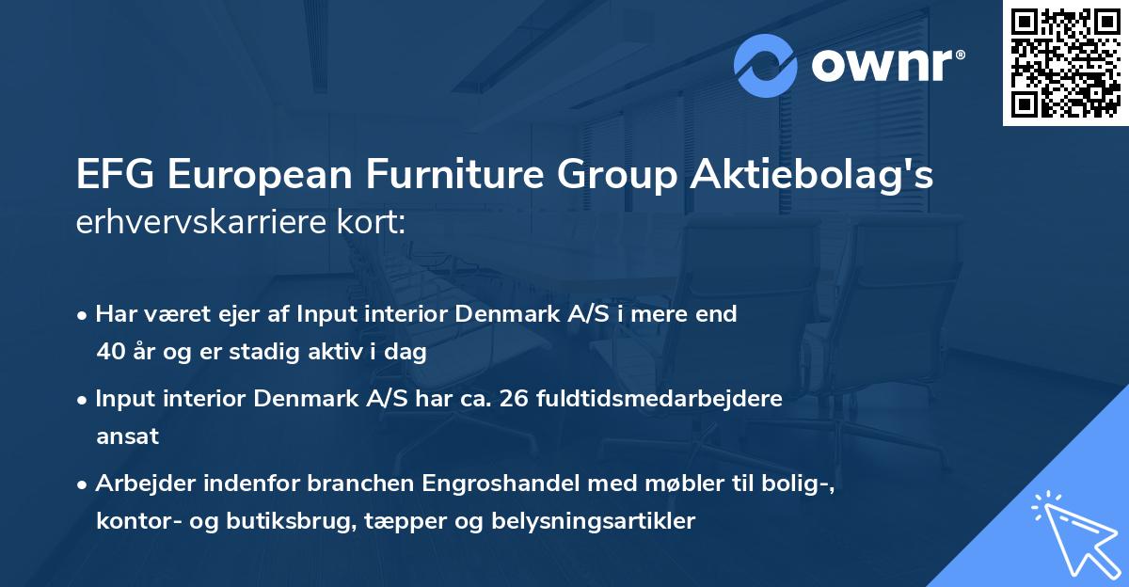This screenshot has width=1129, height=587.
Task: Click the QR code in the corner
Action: [1066, 63]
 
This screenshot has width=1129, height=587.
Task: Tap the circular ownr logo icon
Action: [766, 66]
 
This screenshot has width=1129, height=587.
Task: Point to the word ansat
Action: [127, 436]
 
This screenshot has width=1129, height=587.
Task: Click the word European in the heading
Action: [256, 175]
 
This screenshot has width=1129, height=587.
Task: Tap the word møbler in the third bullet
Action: [682, 484]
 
